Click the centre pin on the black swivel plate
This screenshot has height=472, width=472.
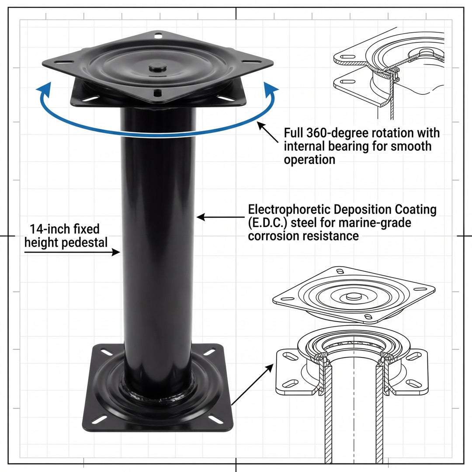(157, 67)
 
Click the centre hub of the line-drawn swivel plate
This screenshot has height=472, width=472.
(351, 296)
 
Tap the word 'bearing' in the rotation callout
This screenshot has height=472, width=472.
(357, 146)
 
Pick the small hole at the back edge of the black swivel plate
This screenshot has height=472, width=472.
(158, 35)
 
